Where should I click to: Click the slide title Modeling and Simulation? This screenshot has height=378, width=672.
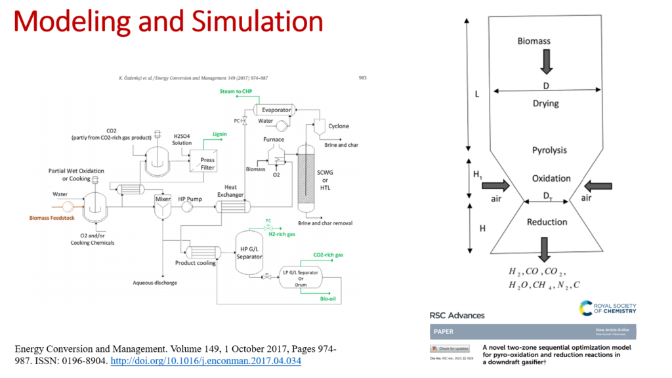pos(169,22)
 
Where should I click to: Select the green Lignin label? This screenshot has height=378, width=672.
pos(219,135)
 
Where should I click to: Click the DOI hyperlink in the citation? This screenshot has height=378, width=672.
pos(207,362)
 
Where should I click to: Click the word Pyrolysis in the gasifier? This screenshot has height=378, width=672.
pos(549,150)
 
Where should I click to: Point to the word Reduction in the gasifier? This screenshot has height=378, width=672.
pos(547,222)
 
